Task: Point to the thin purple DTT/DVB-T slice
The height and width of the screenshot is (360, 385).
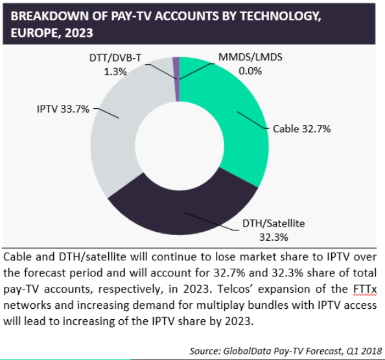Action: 176,78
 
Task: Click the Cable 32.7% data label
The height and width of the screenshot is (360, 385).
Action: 302,129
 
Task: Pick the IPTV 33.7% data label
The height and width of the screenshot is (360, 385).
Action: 63,109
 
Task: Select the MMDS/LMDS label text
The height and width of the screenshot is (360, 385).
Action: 250,57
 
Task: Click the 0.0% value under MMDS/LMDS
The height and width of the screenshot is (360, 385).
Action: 250,71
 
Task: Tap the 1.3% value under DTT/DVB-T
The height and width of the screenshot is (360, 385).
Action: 115,72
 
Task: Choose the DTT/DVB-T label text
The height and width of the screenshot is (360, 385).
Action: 115,58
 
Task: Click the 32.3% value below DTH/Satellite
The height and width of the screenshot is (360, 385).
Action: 274,237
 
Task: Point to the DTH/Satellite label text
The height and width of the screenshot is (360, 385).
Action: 274,223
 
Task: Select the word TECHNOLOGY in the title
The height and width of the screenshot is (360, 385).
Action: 281,16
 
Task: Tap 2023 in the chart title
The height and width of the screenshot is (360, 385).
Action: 79,32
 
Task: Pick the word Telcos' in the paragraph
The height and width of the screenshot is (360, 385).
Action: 235,289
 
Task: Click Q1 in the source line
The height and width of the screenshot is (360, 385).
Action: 352,351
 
